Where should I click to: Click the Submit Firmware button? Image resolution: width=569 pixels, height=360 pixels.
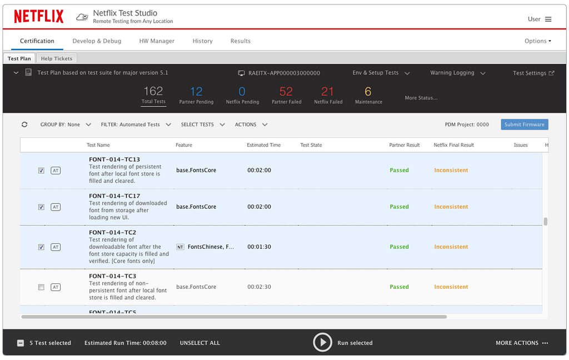point(525,124)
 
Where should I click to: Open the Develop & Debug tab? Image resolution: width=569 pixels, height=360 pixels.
point(97,41)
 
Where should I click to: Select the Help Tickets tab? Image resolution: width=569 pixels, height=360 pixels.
point(57,58)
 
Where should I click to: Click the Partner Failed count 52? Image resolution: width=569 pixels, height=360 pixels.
point(286,92)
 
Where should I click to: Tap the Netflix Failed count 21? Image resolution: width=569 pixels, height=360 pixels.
point(327,92)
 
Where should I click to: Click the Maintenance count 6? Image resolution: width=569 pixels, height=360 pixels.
point(368,92)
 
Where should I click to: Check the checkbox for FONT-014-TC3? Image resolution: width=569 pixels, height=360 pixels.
point(41,287)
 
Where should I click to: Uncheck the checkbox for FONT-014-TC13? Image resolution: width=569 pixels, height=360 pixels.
point(41,171)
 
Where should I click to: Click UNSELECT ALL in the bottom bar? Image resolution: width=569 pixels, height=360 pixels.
point(200,343)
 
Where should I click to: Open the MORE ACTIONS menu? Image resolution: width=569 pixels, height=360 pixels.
point(522,343)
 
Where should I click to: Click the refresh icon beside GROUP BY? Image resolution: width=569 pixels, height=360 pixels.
point(24,124)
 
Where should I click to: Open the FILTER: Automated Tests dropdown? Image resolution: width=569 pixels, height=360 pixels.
point(136,124)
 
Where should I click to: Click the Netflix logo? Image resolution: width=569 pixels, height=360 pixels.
point(39,16)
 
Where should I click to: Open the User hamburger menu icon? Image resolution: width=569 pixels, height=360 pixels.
point(548,19)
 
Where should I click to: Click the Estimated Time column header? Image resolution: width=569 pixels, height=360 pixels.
point(264,145)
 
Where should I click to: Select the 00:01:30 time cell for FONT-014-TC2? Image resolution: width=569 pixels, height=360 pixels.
point(259,247)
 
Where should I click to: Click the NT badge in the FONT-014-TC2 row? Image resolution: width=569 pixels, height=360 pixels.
point(181,247)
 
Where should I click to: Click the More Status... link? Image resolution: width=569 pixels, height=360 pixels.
point(421,98)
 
